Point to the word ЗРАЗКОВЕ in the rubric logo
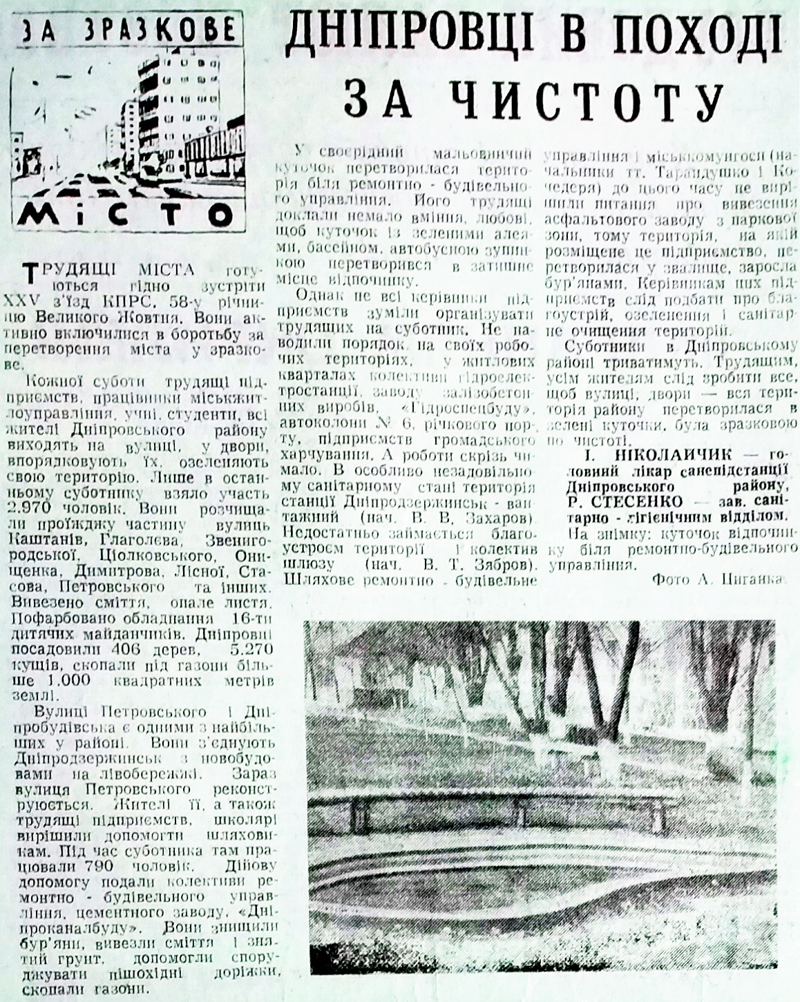[166, 28]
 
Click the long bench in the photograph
[484, 798]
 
